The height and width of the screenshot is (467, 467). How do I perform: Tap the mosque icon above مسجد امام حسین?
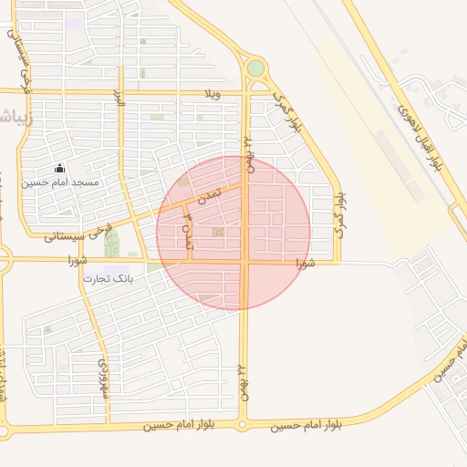[x=60, y=168]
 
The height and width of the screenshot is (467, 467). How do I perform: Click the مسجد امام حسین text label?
[x=61, y=182]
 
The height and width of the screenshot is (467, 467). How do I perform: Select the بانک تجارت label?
[x=109, y=277]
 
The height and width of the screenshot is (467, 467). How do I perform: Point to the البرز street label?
[x=118, y=98]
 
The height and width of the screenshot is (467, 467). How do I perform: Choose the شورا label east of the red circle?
[x=305, y=263]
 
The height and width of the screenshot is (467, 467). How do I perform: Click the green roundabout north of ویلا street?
[x=255, y=67]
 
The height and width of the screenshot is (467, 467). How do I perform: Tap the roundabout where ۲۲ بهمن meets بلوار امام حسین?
[x=243, y=424]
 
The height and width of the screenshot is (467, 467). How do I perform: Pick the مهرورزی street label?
[x=101, y=378]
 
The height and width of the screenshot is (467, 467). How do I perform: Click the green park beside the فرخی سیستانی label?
[x=112, y=243]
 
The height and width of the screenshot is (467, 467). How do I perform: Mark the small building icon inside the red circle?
[x=217, y=233]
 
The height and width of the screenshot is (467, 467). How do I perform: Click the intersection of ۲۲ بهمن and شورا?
[x=244, y=263]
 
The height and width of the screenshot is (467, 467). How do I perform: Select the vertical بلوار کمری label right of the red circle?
[x=337, y=214]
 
